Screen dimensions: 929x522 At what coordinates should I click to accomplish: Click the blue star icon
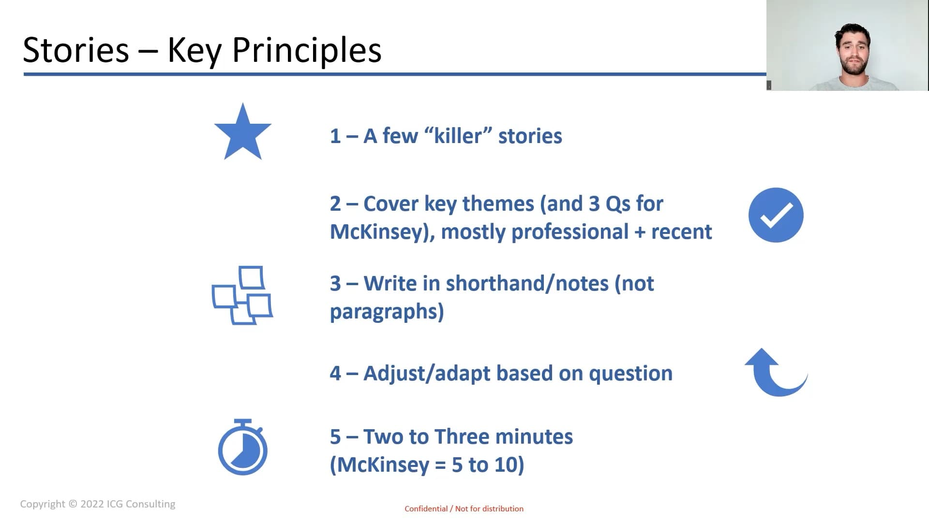[243, 133]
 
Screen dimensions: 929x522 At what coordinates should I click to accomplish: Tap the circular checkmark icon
[776, 215]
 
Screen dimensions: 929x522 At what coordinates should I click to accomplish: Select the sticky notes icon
[242, 295]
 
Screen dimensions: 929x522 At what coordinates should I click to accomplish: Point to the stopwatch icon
[243, 447]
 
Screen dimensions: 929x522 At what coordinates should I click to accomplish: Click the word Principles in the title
[307, 50]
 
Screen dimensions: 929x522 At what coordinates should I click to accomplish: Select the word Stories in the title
[76, 50]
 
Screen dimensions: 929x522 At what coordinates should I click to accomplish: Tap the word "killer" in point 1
[458, 136]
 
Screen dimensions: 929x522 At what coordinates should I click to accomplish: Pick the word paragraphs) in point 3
[387, 312]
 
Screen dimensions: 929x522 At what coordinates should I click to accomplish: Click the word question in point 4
[630, 374]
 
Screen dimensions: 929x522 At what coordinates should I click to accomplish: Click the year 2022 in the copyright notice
[92, 504]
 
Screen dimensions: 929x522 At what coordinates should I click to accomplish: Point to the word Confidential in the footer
[426, 508]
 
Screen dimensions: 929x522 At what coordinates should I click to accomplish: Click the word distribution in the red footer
[503, 508]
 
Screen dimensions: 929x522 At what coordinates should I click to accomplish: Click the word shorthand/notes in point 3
[527, 284]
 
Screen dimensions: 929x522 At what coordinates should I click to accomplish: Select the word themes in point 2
[498, 203]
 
